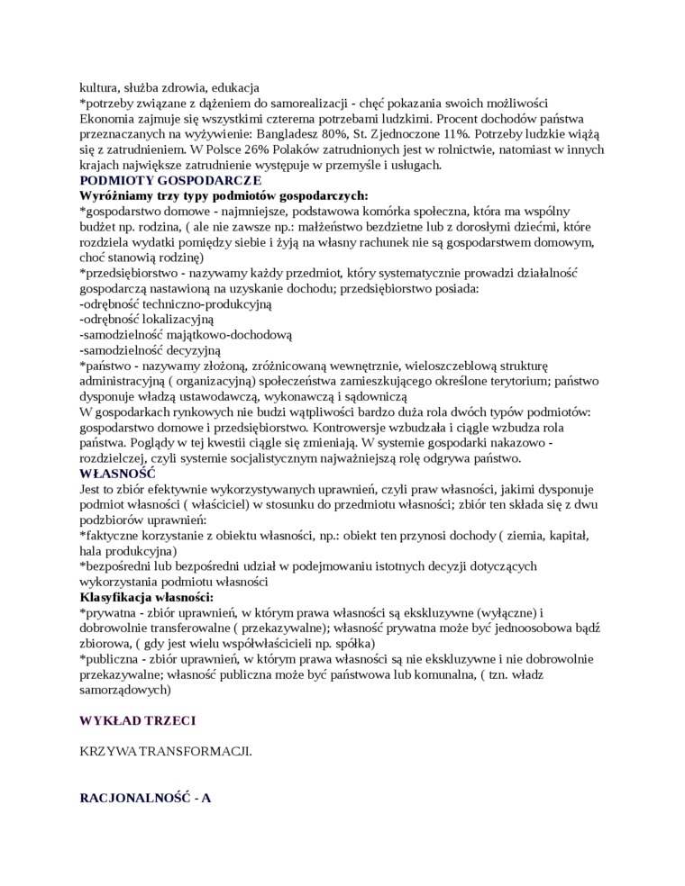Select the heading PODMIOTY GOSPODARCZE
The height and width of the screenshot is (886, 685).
(x=158, y=180)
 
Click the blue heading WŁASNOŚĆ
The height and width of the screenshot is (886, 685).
(x=117, y=472)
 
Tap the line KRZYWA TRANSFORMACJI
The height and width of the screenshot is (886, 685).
(x=166, y=750)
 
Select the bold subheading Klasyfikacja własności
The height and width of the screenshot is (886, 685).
(x=146, y=597)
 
